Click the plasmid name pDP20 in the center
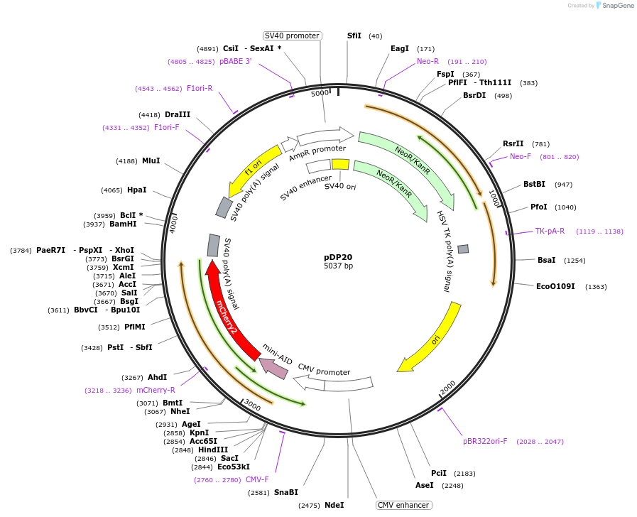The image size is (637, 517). [338, 257]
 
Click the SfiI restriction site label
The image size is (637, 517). [354, 36]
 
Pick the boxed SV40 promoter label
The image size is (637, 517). [292, 36]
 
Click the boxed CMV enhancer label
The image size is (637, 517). [403, 505]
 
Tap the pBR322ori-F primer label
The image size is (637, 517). [485, 441]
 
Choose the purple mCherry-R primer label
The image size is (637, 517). [156, 390]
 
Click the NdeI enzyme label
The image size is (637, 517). [334, 505]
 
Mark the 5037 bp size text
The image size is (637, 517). [338, 266]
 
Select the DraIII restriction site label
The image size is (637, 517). [178, 114]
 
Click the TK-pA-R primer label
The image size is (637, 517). [550, 231]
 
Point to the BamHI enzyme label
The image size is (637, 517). [123, 224]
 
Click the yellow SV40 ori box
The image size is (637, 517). [340, 164]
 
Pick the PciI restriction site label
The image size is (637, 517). [439, 473]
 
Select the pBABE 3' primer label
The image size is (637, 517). [235, 62]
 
